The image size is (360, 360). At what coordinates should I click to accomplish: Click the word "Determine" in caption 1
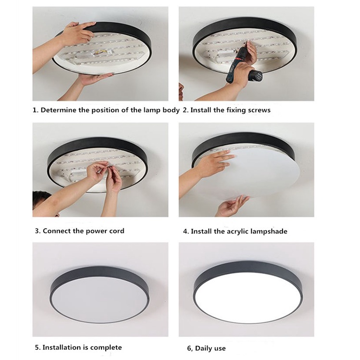point(58,110)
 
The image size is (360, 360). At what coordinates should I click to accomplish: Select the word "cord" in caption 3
point(117,231)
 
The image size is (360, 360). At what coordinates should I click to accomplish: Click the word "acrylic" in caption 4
point(237,231)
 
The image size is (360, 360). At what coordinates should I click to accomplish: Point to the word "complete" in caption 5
point(106,348)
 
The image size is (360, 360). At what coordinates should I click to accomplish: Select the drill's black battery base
point(256,75)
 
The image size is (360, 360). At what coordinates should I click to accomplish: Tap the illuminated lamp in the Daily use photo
point(248,292)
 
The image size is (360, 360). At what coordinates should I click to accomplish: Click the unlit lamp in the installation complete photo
point(99,295)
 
